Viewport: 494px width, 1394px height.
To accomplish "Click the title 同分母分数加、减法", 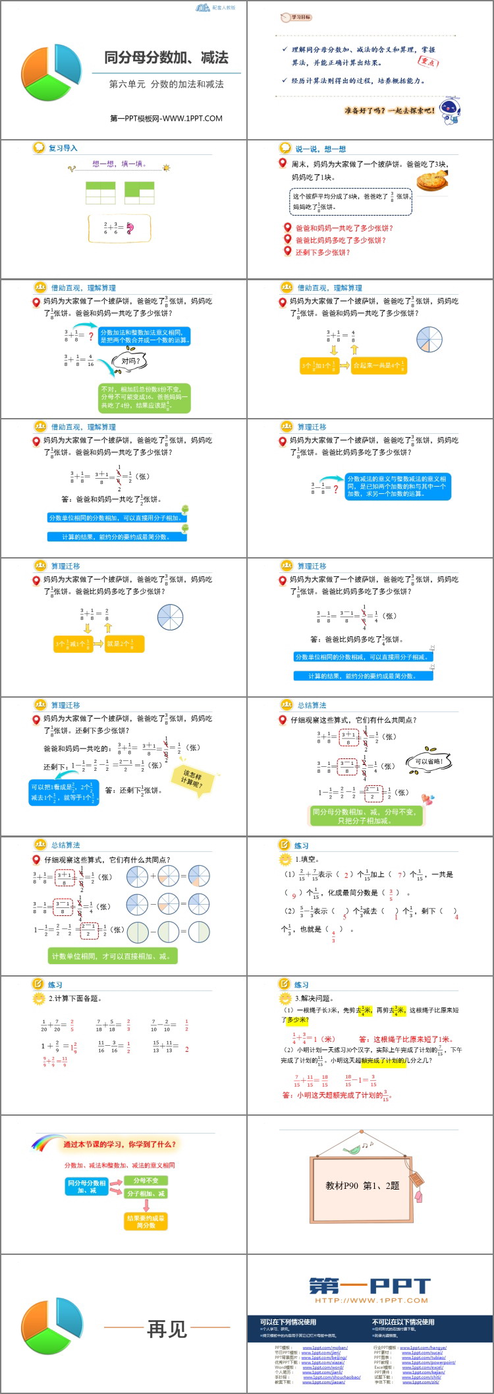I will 166,58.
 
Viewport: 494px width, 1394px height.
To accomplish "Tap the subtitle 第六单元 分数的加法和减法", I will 166,84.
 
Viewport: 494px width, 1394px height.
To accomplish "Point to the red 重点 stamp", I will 428,61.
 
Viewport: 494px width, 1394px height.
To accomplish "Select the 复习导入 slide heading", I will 63,148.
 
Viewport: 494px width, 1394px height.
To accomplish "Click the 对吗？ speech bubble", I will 130,361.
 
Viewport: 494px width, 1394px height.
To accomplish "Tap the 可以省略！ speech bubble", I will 429,762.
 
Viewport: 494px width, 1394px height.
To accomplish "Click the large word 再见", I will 167,1329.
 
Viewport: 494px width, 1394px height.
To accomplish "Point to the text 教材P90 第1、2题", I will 362,1186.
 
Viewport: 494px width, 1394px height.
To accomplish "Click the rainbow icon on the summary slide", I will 46,1143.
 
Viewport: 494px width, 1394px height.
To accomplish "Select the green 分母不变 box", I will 146,1180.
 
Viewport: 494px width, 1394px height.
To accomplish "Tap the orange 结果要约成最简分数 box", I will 146,1221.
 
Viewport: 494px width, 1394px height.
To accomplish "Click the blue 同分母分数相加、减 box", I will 87,1186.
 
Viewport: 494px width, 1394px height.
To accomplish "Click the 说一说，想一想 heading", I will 320,149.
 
